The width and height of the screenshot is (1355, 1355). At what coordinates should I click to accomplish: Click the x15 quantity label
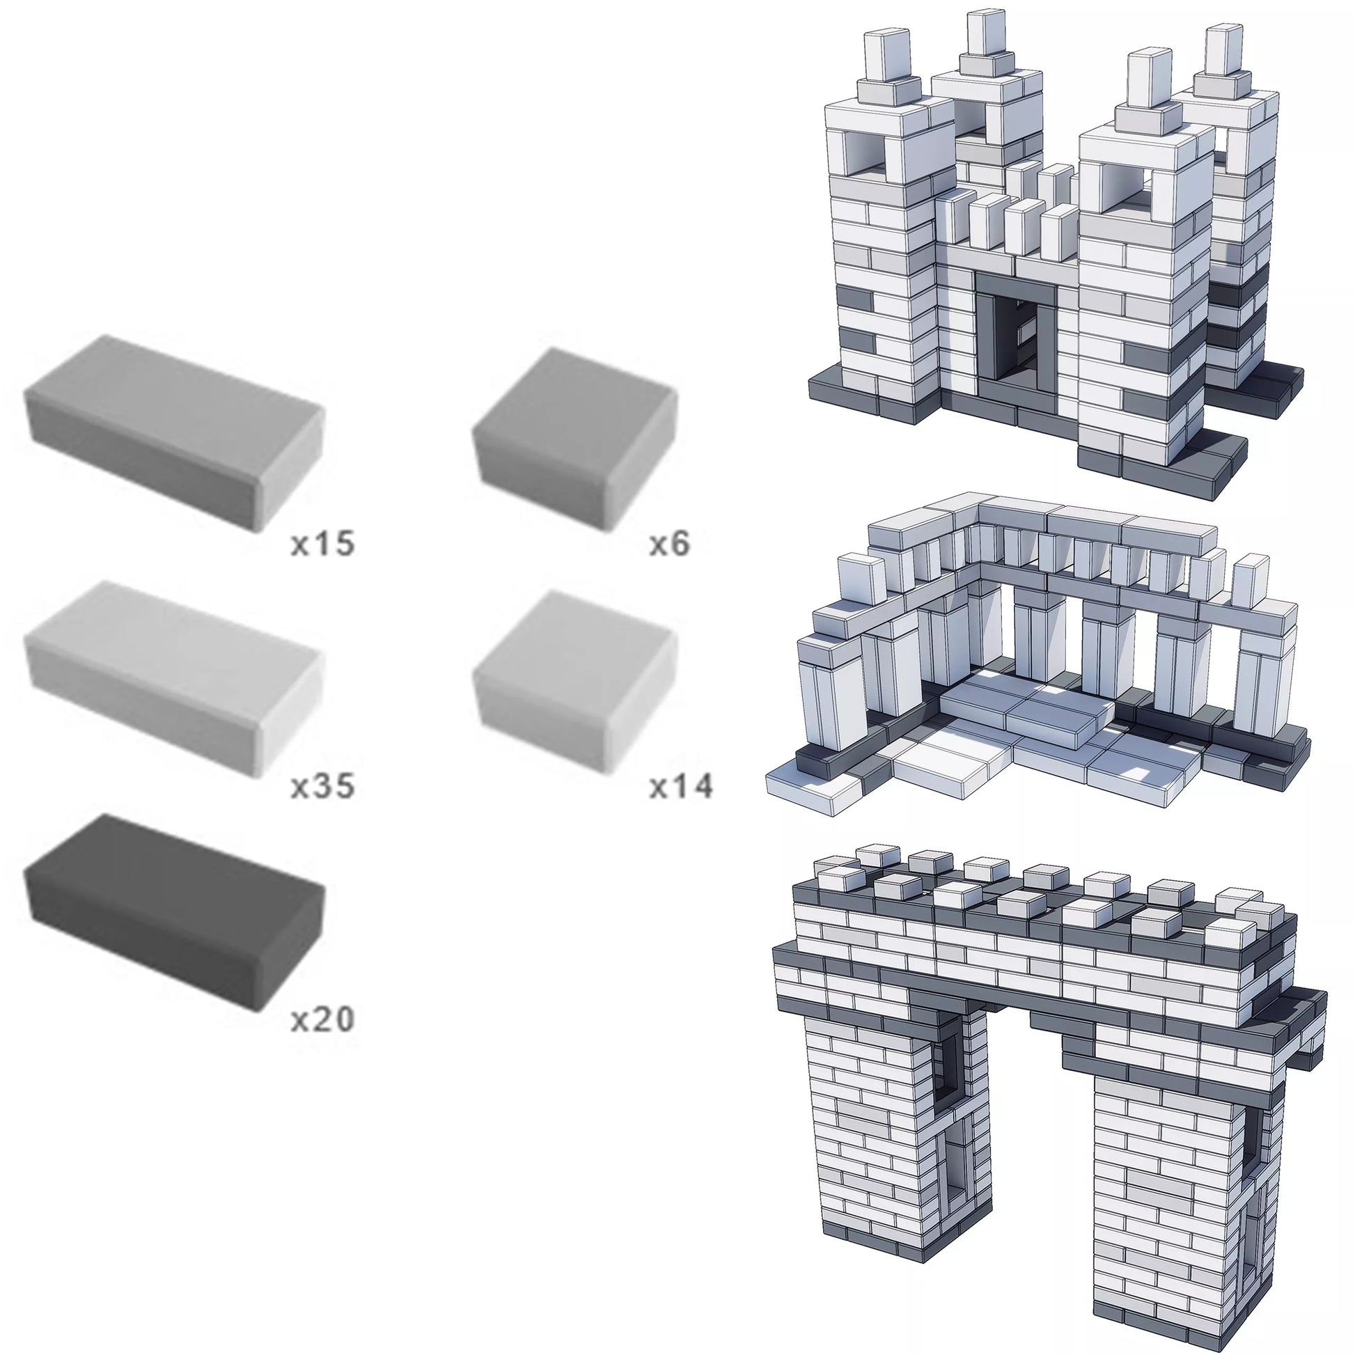tap(322, 545)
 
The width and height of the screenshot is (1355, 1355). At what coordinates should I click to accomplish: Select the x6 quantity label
tap(669, 545)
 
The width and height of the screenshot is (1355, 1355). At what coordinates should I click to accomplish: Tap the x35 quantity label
tap(322, 786)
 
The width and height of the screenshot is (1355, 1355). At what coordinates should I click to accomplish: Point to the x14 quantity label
tap(680, 786)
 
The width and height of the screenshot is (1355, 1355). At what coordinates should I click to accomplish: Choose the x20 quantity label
tap(322, 1020)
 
